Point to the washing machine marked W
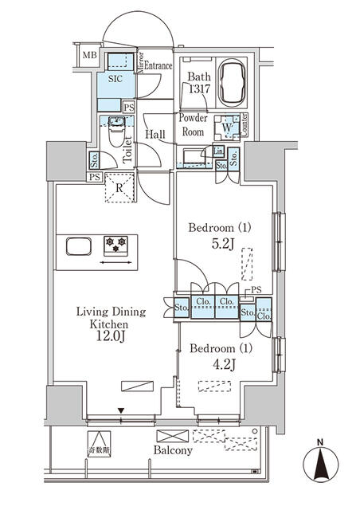pyautogui.click(x=228, y=127)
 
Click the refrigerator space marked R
pyautogui.click(x=119, y=189)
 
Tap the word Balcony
pyautogui.click(x=174, y=450)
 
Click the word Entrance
pyautogui.click(x=157, y=67)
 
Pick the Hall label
pyautogui.click(x=155, y=134)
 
